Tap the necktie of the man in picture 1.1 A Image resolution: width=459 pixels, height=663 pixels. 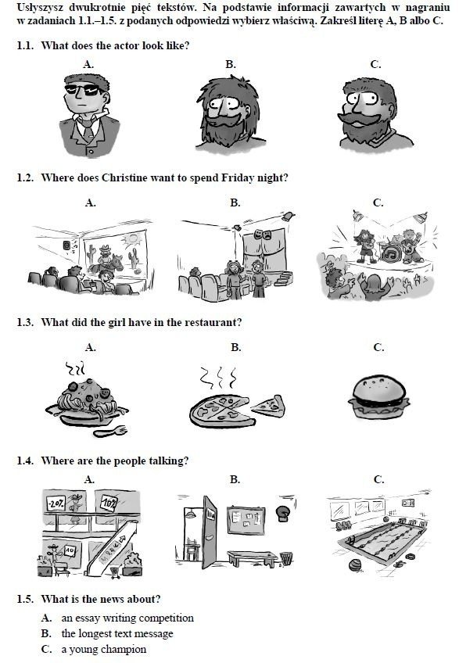tap(88, 129)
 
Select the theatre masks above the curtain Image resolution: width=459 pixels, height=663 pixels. tap(263, 234)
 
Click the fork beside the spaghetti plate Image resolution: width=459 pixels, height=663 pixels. tap(110, 432)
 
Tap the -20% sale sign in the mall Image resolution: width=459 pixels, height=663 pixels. tap(56, 504)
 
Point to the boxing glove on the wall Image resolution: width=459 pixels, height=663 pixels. tap(281, 513)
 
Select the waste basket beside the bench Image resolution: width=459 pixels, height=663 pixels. tap(286, 558)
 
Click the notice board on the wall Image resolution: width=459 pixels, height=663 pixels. tap(246, 521)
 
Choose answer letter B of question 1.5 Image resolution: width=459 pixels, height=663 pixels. tap(46, 633)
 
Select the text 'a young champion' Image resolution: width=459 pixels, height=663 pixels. tap(104, 650)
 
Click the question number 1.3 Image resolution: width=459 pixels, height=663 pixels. tap(25, 322)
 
